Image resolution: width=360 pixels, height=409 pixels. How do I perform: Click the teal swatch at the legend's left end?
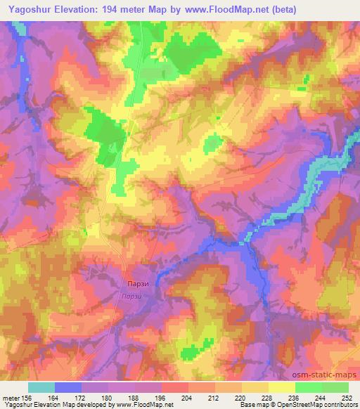tap(41, 387)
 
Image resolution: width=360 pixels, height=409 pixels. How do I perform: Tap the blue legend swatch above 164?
tap(68, 387)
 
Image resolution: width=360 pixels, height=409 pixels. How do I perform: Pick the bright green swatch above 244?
tap(309, 387)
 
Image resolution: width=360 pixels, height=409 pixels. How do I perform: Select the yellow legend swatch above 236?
tap(282, 387)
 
